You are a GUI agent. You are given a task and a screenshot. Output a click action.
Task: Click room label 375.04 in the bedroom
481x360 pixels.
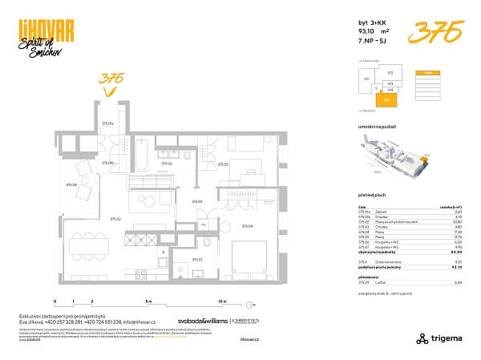pos(247,226)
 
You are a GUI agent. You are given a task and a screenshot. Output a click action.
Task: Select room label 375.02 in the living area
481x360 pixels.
pos(115,218)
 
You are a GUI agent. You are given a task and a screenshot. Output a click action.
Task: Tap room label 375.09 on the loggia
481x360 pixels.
pos(72,185)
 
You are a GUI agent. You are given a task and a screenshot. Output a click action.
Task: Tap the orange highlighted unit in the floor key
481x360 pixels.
pos(386,100)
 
